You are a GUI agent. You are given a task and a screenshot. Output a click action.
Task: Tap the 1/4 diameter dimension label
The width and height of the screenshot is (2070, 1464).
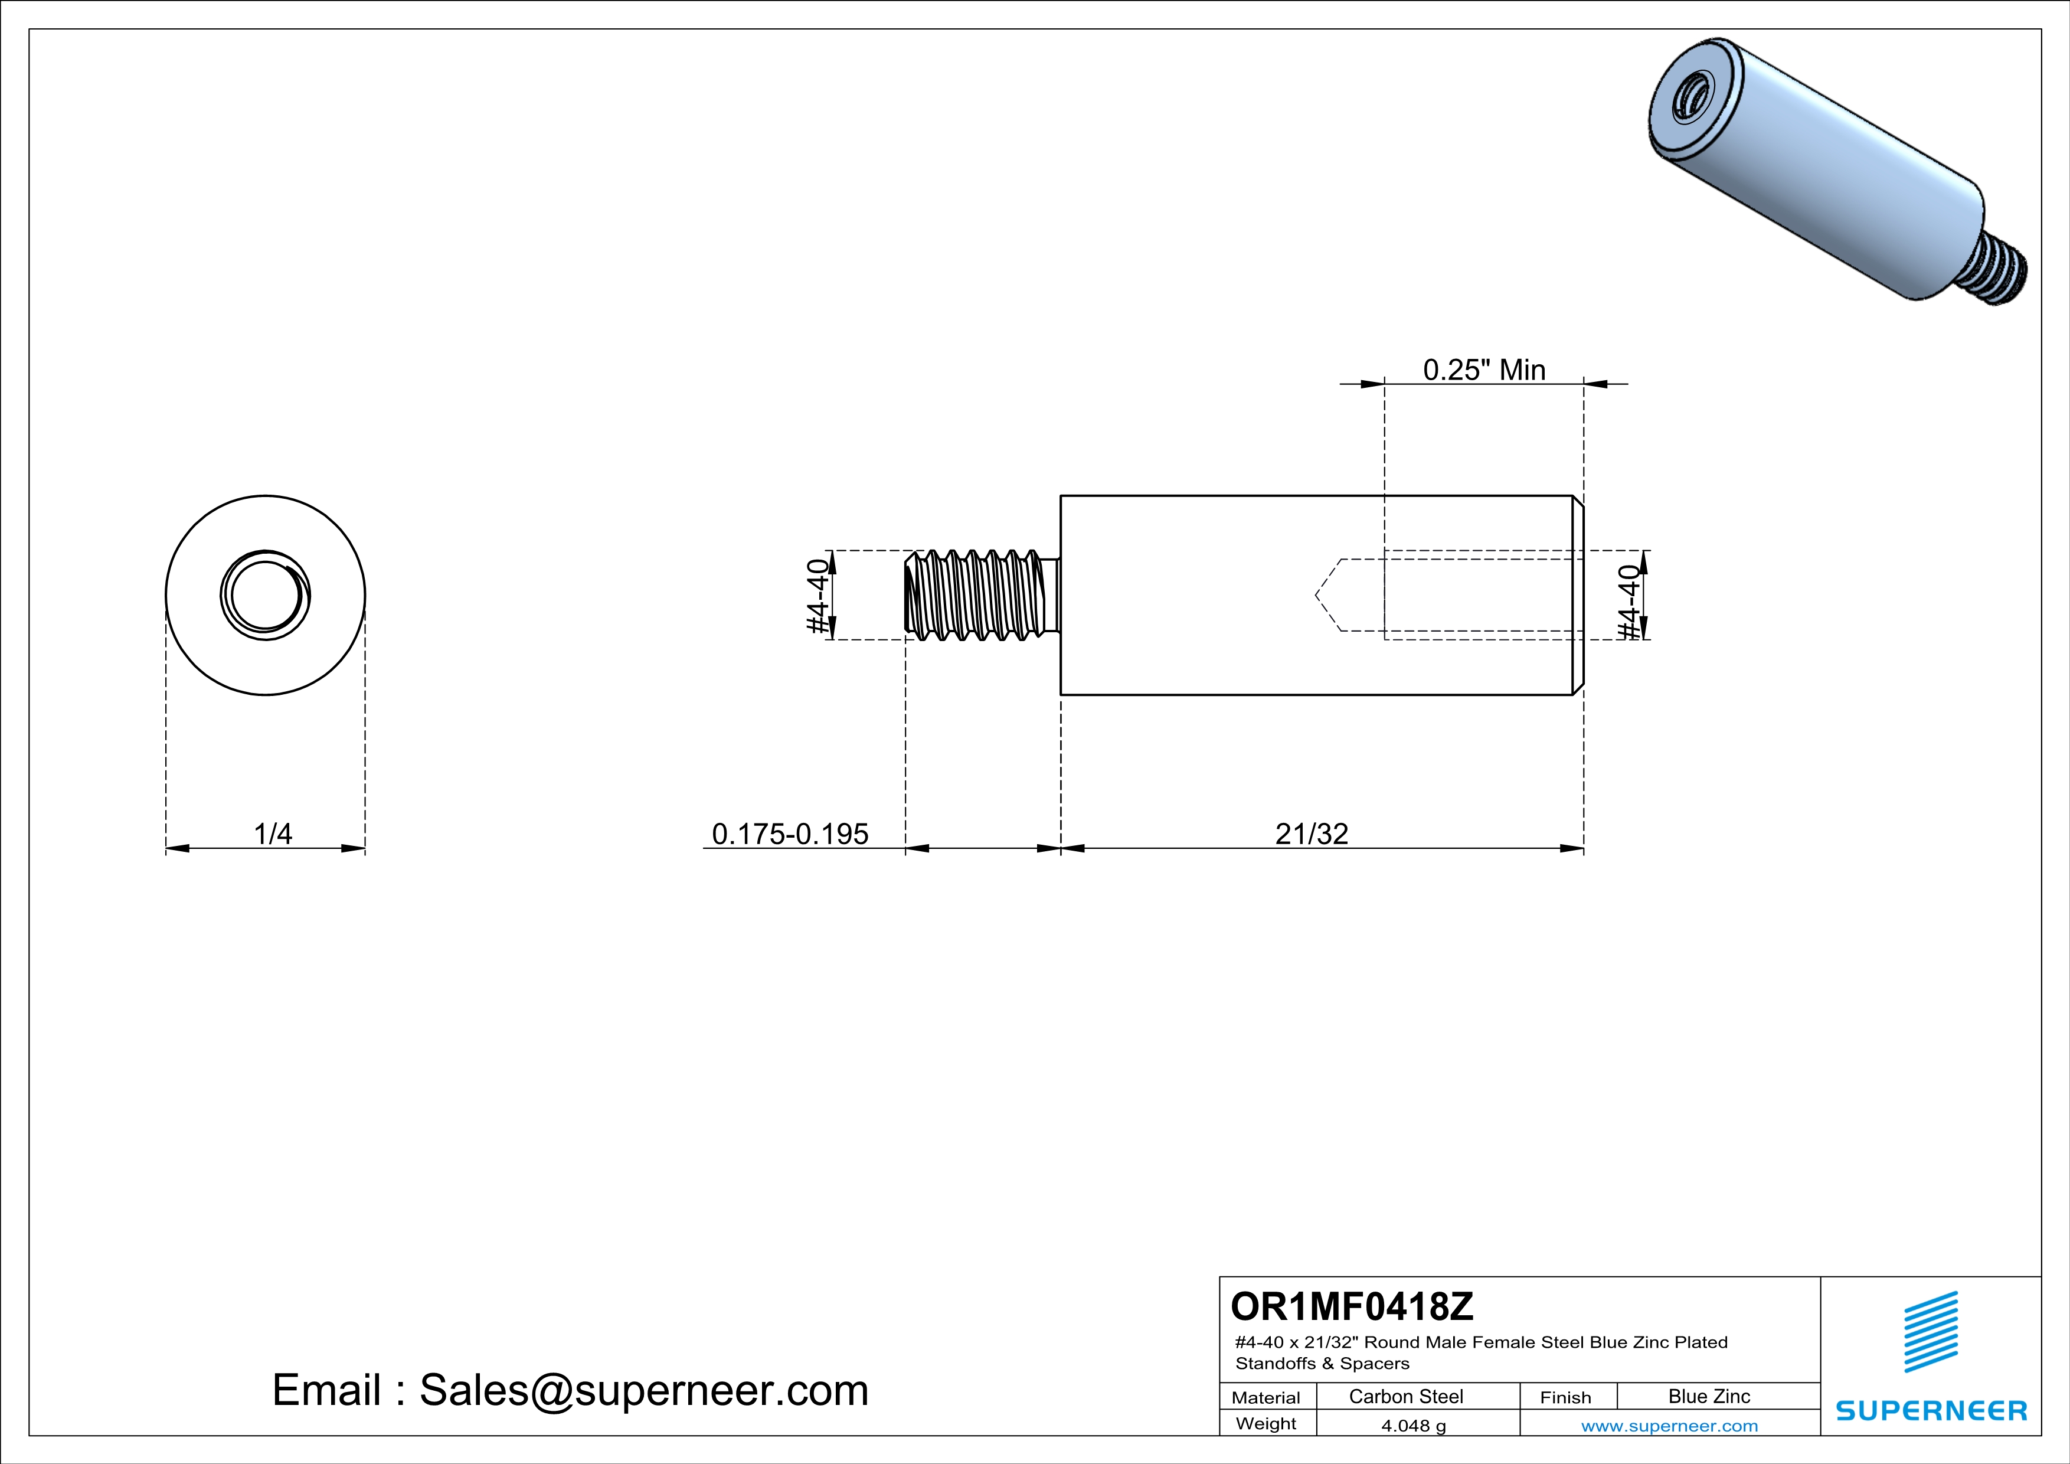(x=273, y=834)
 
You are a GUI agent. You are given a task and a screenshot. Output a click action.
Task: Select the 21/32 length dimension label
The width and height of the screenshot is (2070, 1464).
(x=1312, y=834)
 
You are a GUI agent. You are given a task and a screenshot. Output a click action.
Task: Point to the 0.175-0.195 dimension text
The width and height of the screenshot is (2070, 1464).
(x=790, y=834)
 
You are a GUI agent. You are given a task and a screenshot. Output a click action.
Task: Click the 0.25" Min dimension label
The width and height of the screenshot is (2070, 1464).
(x=1484, y=370)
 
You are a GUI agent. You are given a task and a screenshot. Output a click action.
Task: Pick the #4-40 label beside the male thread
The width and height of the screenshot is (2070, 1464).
(x=817, y=596)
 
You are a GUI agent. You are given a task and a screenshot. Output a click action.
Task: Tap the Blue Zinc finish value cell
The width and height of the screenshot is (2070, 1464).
(x=1709, y=1396)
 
